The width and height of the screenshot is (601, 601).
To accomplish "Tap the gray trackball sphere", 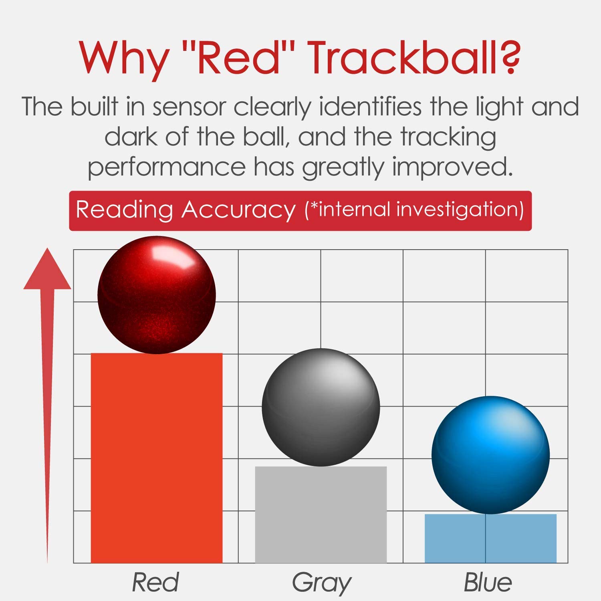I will click(x=321, y=407).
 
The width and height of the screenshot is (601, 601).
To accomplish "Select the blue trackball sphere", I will click(x=490, y=455).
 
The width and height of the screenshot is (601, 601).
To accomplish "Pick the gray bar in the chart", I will click(x=321, y=514).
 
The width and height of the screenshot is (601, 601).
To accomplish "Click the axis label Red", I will click(x=155, y=582).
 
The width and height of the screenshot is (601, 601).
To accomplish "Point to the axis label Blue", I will click(x=488, y=582).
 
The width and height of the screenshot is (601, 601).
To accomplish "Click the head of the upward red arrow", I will click(x=47, y=270).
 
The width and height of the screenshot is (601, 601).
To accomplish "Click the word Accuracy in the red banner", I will click(x=238, y=210).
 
